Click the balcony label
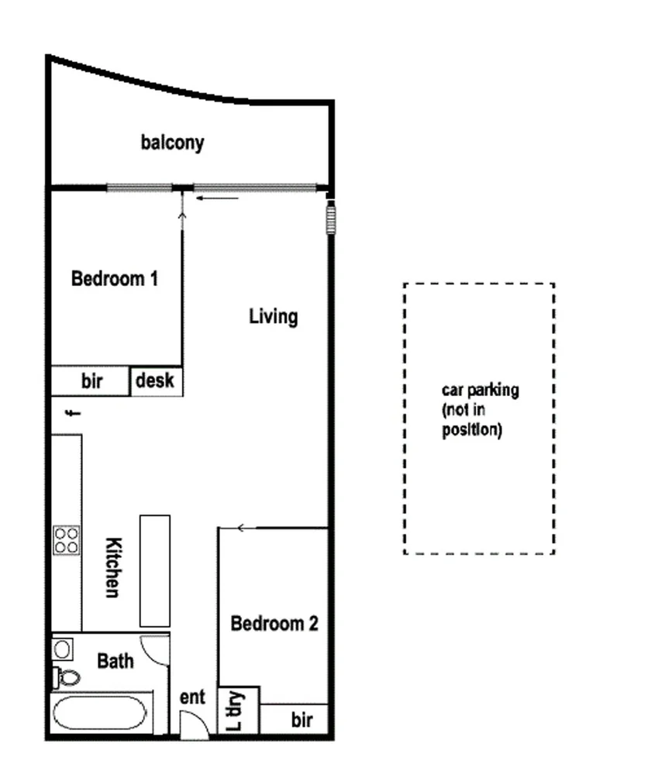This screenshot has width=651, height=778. (172, 143)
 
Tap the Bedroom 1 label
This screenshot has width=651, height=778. (115, 279)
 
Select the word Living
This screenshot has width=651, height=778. (273, 316)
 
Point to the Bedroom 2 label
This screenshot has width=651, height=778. (274, 623)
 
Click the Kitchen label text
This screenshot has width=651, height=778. (112, 567)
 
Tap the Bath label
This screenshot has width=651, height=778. (115, 661)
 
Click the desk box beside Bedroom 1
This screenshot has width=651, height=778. (156, 381)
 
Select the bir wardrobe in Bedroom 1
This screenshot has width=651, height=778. (91, 381)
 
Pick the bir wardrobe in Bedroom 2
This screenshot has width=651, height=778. (301, 721)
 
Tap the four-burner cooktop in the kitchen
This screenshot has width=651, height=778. (67, 539)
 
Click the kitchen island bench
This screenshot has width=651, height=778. (154, 570)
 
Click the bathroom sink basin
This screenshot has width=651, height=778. (62, 648)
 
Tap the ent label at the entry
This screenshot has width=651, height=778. (192, 697)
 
